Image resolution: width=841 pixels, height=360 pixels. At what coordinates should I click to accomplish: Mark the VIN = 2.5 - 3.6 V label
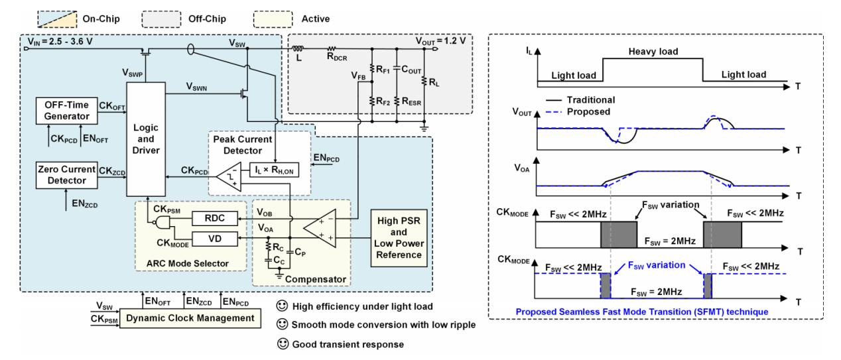click(60, 42)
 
